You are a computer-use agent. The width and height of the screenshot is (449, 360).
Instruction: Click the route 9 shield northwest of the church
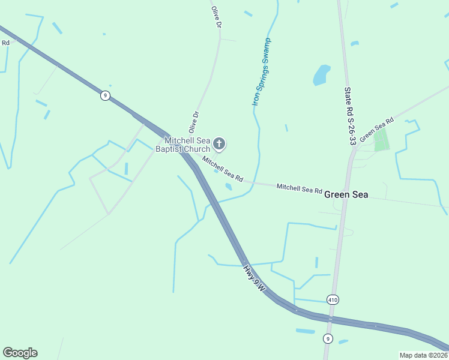[x=105, y=95]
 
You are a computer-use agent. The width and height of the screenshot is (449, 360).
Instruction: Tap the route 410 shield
[x=333, y=299]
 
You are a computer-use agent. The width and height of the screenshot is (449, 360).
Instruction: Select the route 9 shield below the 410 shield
[x=327, y=338]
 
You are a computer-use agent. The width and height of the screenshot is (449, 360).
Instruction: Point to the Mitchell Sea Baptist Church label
[x=183, y=145]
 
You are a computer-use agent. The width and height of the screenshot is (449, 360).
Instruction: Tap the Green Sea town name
[x=346, y=194]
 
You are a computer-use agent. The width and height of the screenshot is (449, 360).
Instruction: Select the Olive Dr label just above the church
[x=193, y=121]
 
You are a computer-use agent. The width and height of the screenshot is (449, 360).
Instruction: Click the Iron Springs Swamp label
[x=261, y=72]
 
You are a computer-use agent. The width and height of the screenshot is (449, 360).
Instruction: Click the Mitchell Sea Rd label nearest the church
[x=222, y=170]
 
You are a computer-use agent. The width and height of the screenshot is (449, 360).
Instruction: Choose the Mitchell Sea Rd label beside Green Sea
[x=299, y=188]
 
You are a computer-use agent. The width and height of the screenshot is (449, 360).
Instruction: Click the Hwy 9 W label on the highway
[x=255, y=279]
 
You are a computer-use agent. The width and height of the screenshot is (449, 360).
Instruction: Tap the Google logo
[x=20, y=353]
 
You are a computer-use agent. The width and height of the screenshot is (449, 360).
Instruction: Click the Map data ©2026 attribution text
[x=423, y=355]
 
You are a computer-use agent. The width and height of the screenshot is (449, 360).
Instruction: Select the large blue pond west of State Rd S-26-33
[x=322, y=75]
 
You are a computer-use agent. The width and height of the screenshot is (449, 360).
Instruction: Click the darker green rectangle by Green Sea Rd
[x=381, y=141]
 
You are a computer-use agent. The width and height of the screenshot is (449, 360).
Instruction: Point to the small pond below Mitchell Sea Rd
[x=229, y=187]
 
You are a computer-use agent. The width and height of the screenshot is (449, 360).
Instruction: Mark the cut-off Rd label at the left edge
[x=5, y=43]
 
